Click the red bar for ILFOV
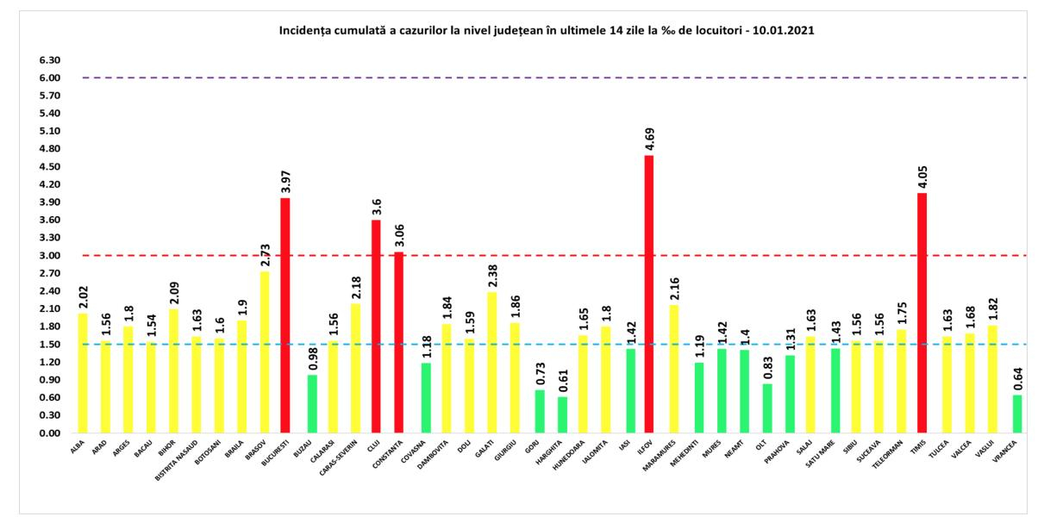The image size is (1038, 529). click(647, 294)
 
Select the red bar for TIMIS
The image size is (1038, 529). click(922, 313)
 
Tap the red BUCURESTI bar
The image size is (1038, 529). click(285, 315)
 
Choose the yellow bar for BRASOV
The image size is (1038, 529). click(265, 352)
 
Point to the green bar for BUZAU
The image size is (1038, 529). click(311, 403)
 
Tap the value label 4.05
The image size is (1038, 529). click(922, 176)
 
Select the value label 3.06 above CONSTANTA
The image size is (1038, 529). click(398, 234)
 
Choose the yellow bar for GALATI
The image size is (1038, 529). click(493, 362)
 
